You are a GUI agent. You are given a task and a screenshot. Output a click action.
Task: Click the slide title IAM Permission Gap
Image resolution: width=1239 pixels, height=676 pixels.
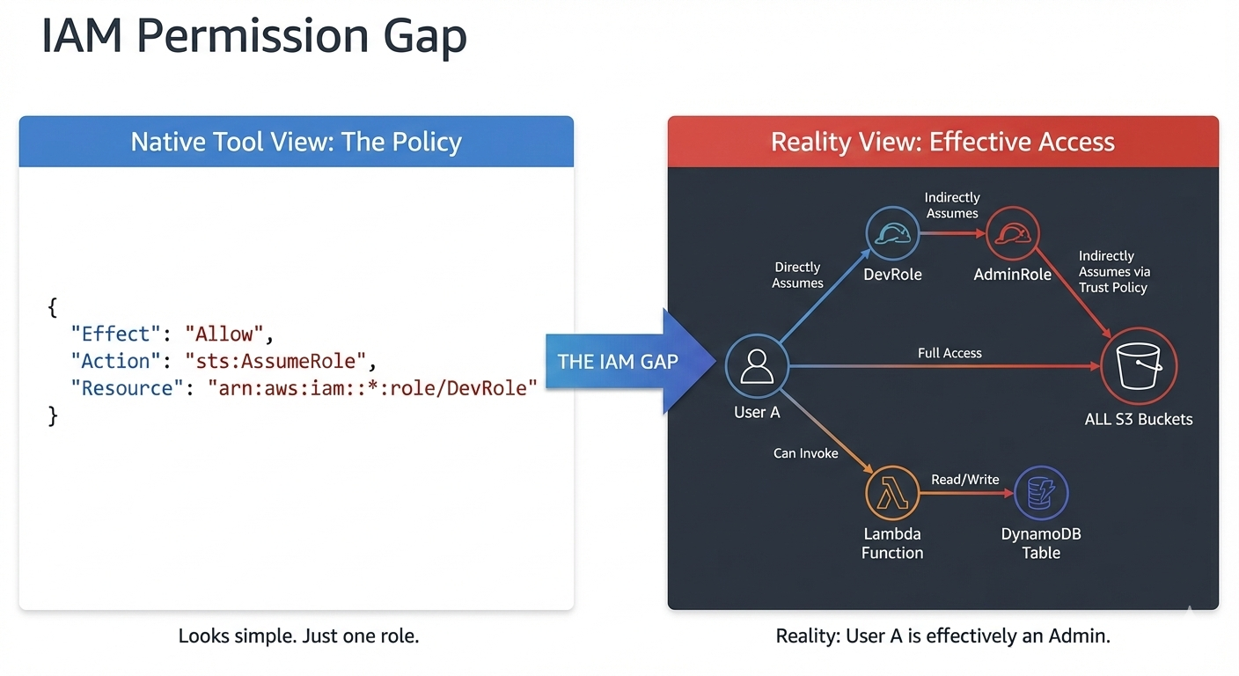point(253,37)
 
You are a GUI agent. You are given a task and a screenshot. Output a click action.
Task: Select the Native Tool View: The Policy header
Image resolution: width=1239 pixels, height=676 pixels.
point(296,142)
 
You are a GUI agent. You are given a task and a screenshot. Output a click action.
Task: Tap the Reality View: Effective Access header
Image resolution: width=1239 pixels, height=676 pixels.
point(942,142)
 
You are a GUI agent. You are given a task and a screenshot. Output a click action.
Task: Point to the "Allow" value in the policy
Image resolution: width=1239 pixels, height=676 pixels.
point(224,334)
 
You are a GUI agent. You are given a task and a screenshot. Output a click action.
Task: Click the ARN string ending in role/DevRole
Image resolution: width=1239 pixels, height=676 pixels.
point(371,388)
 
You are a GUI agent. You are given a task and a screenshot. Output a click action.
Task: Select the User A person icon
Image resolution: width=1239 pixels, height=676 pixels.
point(756,367)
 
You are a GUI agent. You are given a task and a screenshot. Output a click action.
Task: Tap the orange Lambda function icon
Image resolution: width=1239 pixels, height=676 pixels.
point(892,494)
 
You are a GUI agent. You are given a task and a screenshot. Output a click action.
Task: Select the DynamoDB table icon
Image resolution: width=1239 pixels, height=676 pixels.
point(1041,494)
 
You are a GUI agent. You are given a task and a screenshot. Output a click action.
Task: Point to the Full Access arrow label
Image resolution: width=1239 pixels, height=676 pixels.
point(949,353)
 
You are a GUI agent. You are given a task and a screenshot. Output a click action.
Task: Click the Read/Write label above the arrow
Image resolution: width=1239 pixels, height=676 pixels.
point(964,480)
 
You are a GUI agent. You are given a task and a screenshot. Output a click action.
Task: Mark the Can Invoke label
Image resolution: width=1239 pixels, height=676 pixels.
point(805,453)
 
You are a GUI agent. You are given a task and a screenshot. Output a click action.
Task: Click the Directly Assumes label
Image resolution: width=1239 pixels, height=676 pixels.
point(797,275)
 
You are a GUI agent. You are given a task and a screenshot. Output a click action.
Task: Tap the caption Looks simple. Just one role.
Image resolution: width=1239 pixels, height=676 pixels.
point(298,636)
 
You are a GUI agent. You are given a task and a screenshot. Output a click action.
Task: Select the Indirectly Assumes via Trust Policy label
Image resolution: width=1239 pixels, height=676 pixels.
point(1114,271)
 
